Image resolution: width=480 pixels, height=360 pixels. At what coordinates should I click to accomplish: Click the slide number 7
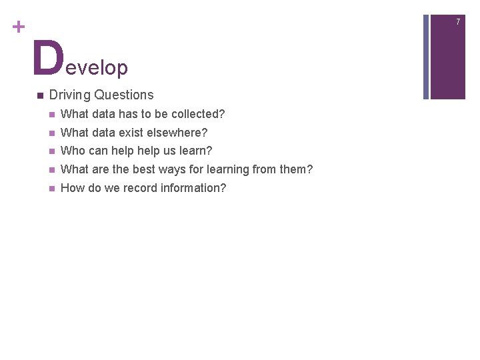click(x=458, y=22)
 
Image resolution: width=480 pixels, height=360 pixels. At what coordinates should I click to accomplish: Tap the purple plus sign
click(x=18, y=27)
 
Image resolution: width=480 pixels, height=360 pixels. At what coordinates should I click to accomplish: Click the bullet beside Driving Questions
click(x=40, y=95)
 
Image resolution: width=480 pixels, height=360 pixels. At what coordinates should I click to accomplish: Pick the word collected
click(x=197, y=115)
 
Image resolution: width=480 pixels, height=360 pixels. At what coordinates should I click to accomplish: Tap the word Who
click(x=72, y=151)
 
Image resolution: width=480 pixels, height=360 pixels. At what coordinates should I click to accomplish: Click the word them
click(x=296, y=169)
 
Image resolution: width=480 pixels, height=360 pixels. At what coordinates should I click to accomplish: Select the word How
click(x=73, y=188)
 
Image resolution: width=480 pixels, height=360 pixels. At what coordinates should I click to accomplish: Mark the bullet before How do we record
click(x=51, y=188)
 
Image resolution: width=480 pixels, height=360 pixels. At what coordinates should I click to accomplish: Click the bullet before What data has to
click(x=51, y=115)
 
